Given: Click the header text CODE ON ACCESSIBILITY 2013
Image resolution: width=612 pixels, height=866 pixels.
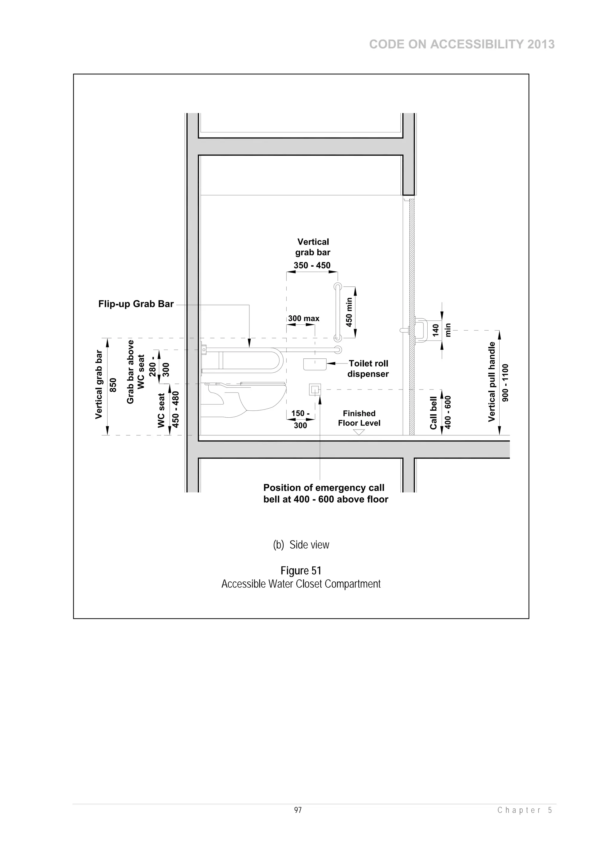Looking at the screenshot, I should point(462,45).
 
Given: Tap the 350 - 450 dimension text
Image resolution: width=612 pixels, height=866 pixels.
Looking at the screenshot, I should point(312,265).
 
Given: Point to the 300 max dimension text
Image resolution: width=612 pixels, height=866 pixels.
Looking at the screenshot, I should point(304,319).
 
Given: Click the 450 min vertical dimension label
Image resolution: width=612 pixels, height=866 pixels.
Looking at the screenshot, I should point(349,312).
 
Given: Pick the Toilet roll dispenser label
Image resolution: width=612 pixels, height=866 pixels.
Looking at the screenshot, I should point(368,369).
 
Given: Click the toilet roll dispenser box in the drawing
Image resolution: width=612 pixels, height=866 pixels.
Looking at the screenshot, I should point(315,364).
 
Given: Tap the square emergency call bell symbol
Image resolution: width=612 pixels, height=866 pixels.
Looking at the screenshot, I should point(315,389).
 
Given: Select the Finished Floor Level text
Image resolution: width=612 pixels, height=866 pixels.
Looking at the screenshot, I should point(359,418).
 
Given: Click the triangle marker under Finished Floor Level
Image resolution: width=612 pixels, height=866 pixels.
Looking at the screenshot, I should point(359,432).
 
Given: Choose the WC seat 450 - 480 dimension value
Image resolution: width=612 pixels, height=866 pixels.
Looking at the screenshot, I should point(176,409).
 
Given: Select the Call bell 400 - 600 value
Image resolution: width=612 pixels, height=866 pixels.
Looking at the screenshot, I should point(448,412).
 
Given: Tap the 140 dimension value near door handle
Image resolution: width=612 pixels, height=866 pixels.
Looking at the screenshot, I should point(435,330).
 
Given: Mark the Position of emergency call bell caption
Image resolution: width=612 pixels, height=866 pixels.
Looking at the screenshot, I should point(325,493).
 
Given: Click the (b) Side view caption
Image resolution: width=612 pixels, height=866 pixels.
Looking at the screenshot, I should point(301,545).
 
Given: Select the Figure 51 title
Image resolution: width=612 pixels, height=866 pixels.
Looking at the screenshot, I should point(301,570).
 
